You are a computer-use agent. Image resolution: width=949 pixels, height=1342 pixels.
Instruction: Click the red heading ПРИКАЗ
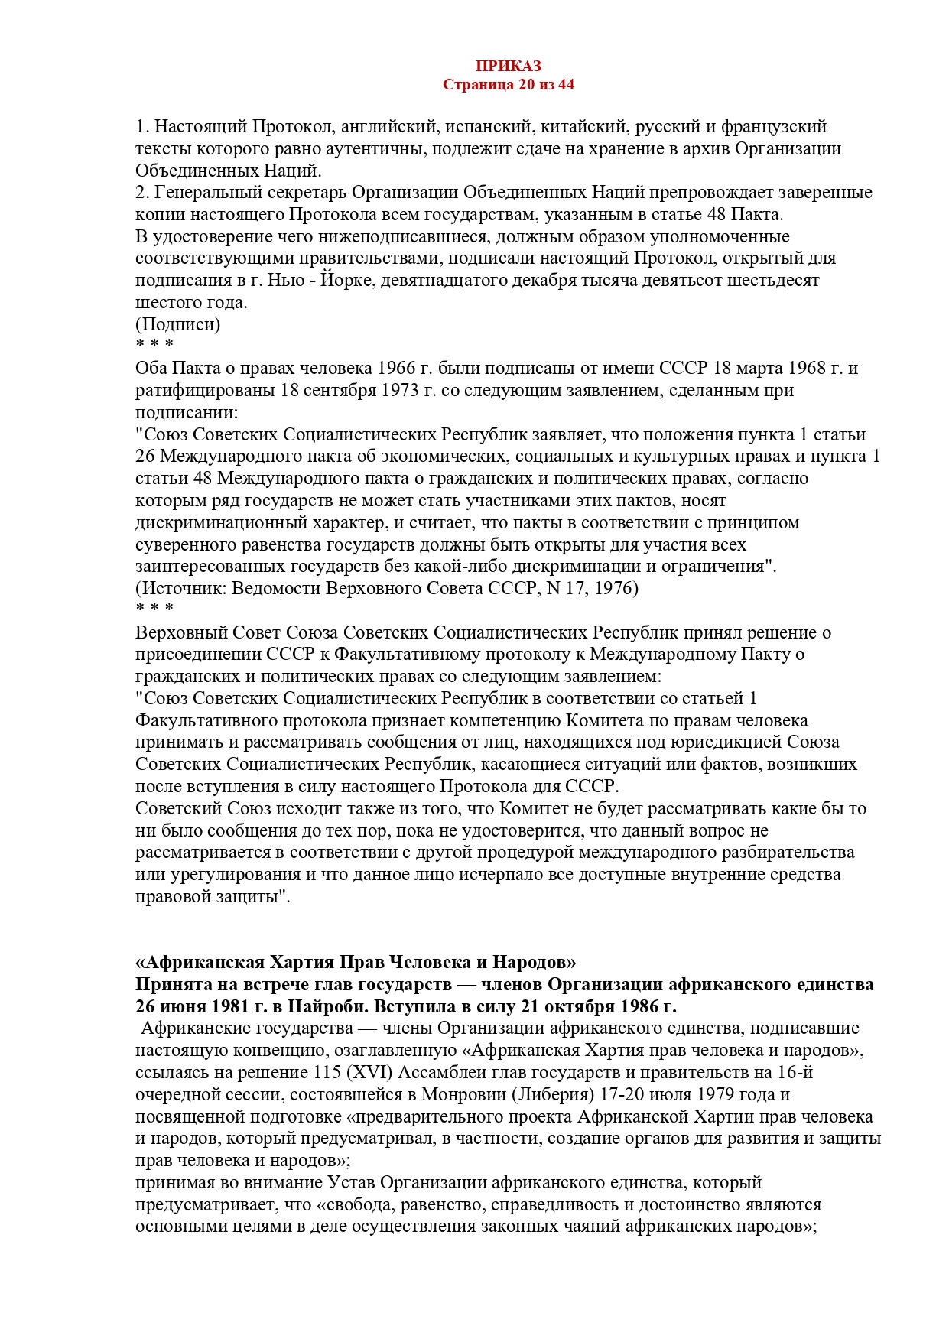(508, 67)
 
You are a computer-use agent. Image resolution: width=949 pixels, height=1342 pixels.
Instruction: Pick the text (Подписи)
(177, 324)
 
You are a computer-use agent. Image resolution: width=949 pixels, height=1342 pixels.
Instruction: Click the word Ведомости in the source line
(275, 588)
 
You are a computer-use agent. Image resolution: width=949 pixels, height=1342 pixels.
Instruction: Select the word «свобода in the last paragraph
(354, 1205)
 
